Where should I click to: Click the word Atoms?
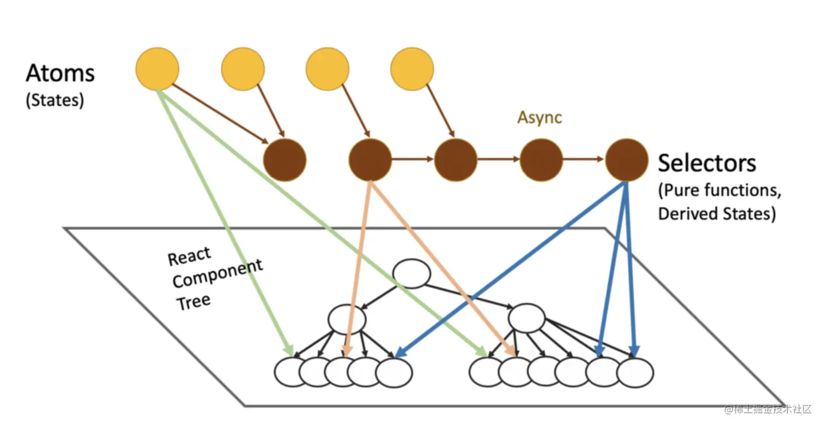[60, 73]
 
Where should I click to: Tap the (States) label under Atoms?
[55, 100]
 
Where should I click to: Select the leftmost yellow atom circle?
[157, 69]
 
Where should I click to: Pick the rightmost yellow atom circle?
[412, 69]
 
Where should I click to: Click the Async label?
[540, 117]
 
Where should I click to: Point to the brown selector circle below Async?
[541, 160]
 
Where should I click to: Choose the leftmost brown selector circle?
[284, 160]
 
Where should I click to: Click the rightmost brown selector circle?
[627, 160]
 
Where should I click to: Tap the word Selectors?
[707, 163]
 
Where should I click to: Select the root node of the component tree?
[411, 274]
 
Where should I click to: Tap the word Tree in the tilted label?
[193, 302]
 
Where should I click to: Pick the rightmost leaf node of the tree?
[635, 372]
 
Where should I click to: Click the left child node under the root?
[347, 319]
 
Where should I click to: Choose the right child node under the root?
[526, 318]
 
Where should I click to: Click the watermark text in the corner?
[768, 409]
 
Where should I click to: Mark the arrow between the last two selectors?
[584, 159]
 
